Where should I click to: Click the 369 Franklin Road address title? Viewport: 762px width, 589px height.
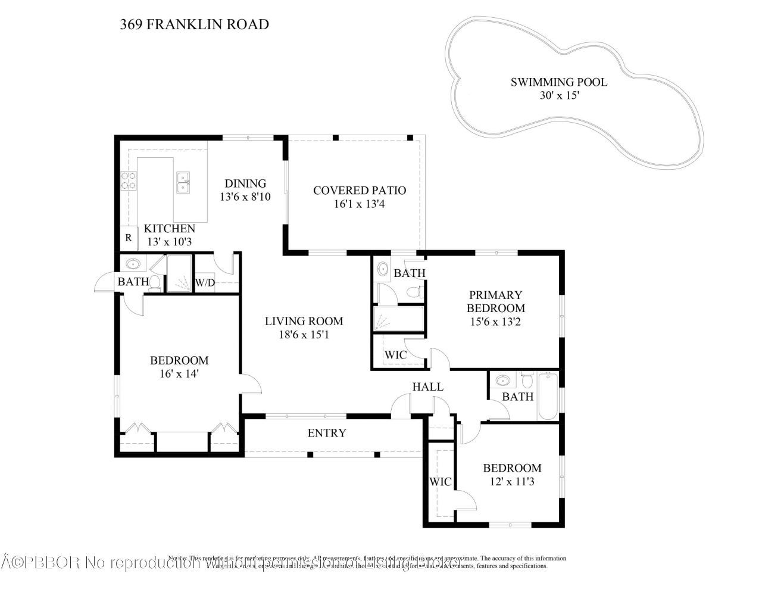click(x=194, y=24)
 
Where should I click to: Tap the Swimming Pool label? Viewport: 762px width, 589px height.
click(x=558, y=82)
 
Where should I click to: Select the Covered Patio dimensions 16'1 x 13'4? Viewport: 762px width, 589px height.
click(x=360, y=204)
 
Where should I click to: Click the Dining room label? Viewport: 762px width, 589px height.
click(x=245, y=183)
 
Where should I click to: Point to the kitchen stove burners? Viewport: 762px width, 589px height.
click(x=129, y=180)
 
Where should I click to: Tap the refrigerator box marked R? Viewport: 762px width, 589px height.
click(x=128, y=238)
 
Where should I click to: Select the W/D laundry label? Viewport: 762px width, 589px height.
click(x=205, y=283)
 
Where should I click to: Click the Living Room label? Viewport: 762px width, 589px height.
click(x=304, y=321)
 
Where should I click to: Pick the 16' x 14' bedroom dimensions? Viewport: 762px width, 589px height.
click(x=179, y=374)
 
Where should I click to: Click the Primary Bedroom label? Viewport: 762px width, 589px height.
click(x=495, y=301)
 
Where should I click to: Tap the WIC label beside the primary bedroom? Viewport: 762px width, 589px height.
click(x=395, y=355)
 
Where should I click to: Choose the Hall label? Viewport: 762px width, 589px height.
click(x=427, y=387)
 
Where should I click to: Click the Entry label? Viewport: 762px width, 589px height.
click(x=326, y=433)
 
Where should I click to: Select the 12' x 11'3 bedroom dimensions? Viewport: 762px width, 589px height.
click(x=511, y=482)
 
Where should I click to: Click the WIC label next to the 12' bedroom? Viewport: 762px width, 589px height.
click(x=441, y=481)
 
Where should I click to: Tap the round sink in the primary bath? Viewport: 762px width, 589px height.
click(x=383, y=269)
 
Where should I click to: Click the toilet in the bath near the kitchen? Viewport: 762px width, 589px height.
click(x=155, y=282)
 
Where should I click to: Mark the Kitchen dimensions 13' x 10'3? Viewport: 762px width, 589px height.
click(x=169, y=242)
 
